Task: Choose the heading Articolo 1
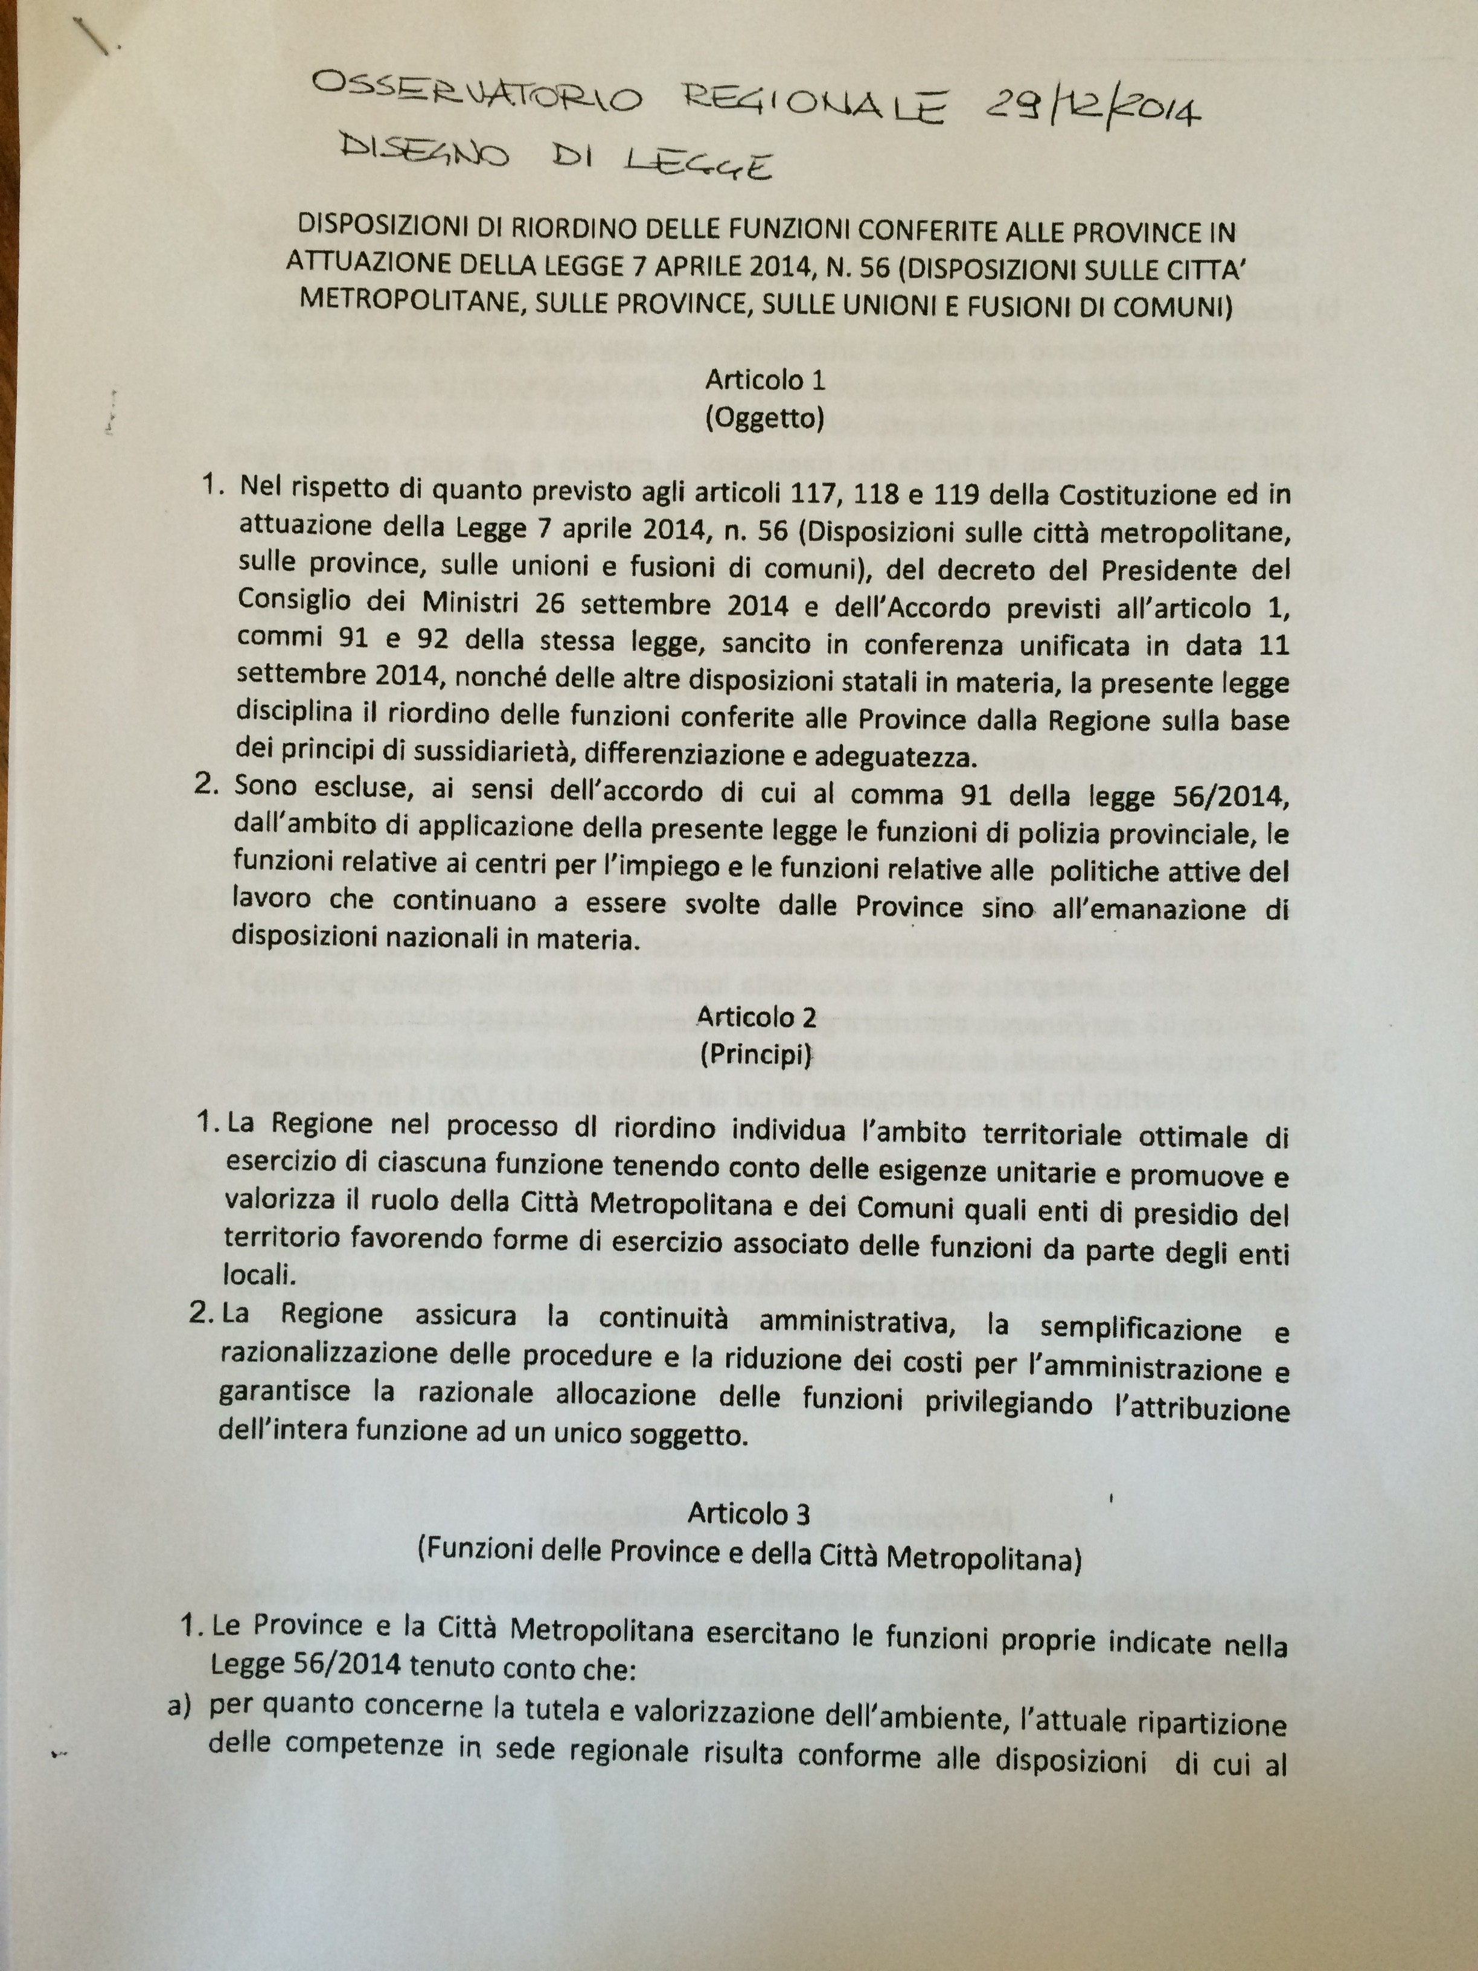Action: click(x=764, y=380)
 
